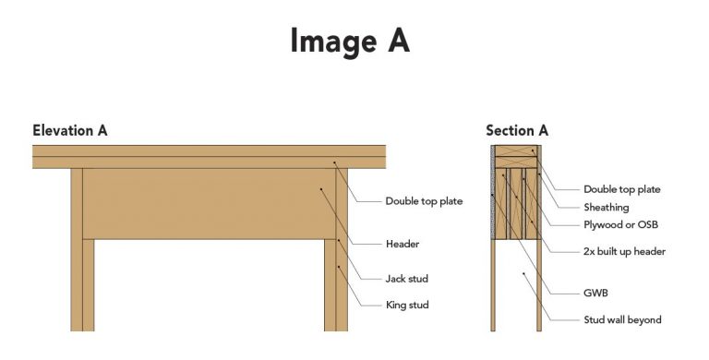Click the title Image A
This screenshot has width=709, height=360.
point(349,42)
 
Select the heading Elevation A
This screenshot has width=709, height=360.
point(70,130)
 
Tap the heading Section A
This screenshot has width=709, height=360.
point(517,130)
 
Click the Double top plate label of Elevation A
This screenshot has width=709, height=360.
point(424,201)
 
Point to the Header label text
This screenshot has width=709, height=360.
point(403,244)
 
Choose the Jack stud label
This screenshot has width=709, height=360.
point(407,278)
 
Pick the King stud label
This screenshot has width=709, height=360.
point(407,304)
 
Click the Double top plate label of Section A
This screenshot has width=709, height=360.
point(622,189)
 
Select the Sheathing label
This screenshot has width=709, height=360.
point(607,208)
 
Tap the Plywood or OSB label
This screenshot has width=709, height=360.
point(620,224)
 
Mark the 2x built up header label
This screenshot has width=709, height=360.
point(624,251)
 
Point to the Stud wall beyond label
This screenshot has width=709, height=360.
point(622,320)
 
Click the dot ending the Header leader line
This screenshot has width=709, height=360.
point(320,189)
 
